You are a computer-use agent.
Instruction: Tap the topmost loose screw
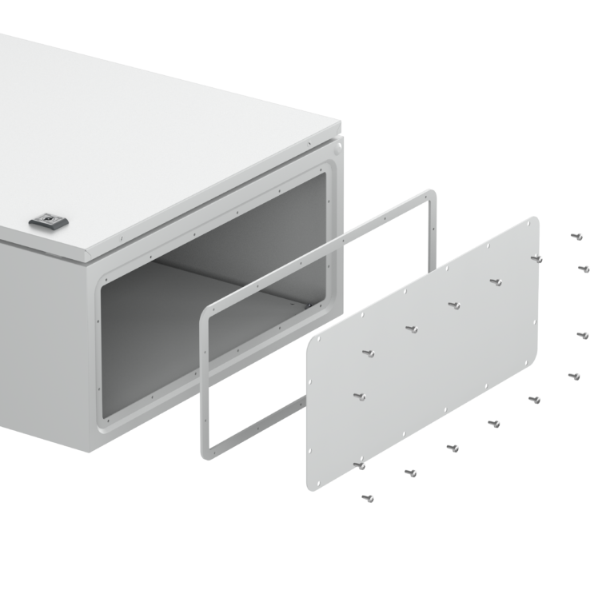[577, 237]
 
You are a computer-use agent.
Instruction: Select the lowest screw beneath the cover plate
[368, 498]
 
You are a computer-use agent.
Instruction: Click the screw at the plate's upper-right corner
[537, 257]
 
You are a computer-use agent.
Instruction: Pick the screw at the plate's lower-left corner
[360, 464]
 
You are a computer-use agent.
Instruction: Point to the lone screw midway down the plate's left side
[360, 395]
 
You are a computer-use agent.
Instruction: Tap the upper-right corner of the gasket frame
[432, 193]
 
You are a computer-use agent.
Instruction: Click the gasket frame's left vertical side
[205, 384]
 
